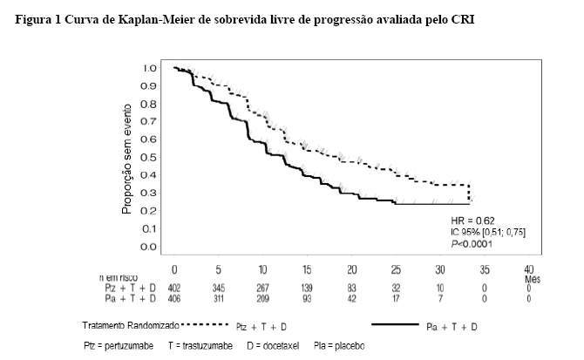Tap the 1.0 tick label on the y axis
(150, 68)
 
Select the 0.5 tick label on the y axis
(150, 158)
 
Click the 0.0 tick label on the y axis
(150, 248)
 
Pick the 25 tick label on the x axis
(397, 269)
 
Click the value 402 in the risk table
(174, 287)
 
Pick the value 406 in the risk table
(174, 298)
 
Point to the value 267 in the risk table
(263, 287)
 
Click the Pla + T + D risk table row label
(136, 298)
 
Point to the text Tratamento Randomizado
(119, 325)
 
